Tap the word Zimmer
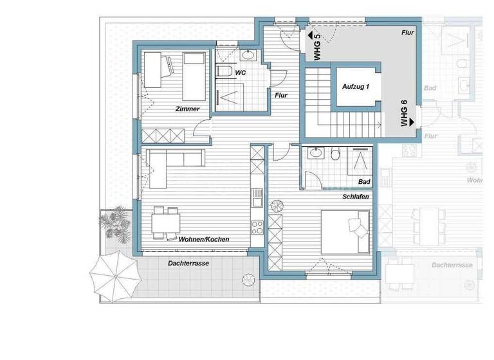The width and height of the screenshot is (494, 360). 187,109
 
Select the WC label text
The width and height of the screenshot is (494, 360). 240,73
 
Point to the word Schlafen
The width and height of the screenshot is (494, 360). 355,197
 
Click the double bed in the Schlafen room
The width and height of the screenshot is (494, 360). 346,233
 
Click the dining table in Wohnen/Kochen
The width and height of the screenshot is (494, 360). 165,222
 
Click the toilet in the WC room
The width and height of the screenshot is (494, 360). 223,69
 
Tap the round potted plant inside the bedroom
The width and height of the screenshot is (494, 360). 277,206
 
